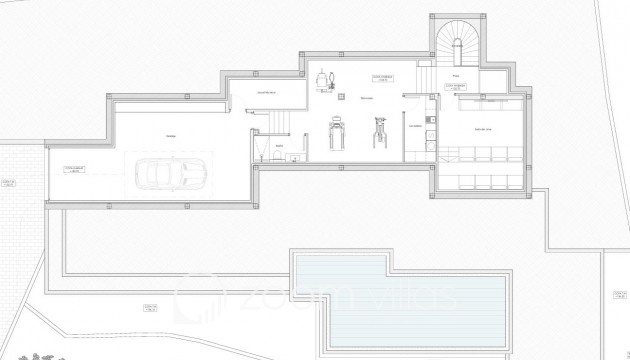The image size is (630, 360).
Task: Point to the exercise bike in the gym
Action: [379, 131]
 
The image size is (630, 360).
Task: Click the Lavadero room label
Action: [415, 126]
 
